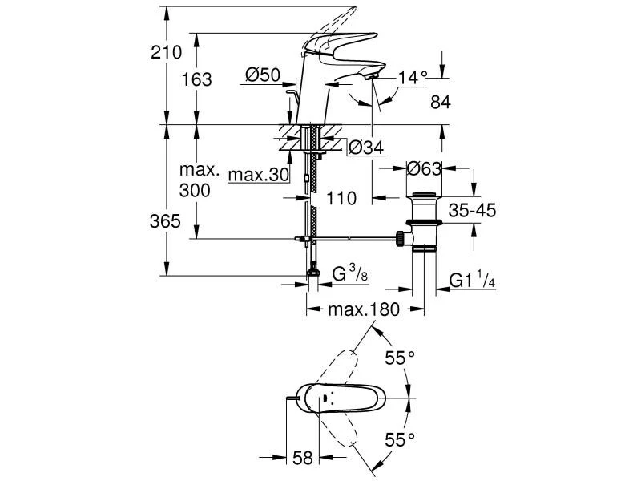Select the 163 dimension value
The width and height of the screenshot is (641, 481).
point(197,79)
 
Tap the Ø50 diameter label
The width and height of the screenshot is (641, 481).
point(262,75)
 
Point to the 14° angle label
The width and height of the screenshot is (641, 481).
point(413,78)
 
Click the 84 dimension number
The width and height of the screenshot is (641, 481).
point(441,102)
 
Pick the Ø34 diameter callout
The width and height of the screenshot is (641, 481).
point(365,147)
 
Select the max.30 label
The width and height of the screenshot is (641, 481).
point(258,175)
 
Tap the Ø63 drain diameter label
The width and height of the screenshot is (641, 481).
point(425,169)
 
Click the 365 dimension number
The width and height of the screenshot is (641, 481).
point(166,221)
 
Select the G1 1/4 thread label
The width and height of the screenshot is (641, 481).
point(472,281)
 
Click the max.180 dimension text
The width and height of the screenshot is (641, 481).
point(365,309)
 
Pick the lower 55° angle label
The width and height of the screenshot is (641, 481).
point(400,439)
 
